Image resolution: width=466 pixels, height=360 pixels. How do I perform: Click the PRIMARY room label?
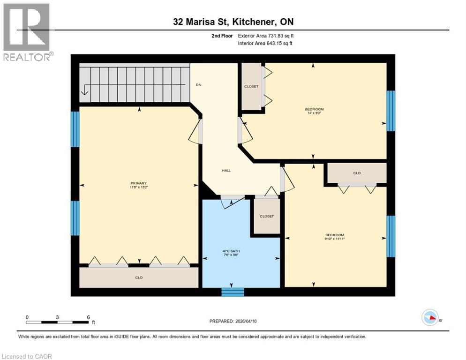pos(139,183)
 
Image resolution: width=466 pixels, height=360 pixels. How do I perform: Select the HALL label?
pos(226,171)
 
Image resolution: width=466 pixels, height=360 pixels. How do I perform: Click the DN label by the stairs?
pos(198,85)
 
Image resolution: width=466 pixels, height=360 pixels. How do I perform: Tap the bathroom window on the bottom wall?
pos(233,292)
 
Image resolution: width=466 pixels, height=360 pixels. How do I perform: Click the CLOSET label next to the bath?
pos(266,216)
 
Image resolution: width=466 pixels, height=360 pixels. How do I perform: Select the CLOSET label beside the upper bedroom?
pos(251,87)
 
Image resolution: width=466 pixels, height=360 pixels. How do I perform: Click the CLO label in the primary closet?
pos(139,278)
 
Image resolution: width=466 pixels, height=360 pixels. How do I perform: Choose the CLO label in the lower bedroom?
pos(357,173)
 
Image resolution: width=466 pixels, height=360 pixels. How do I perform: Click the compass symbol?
pos(430,317)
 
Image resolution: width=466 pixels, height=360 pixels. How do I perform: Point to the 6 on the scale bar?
pos(88,317)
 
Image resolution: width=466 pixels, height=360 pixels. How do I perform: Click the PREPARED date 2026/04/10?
pos(233,321)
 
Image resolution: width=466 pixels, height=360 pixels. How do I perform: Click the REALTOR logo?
pos(27,32)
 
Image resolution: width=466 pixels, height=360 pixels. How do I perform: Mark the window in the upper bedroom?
pos(390,111)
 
